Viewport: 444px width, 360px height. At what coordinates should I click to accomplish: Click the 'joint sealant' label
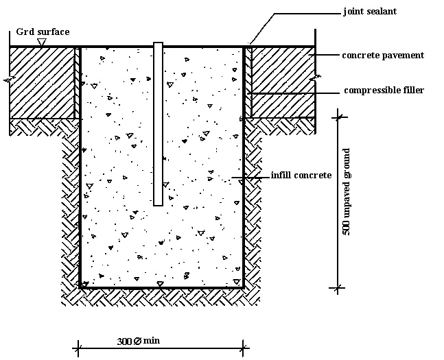click(370, 12)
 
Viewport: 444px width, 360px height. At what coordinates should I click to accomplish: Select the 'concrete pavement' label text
click(383, 55)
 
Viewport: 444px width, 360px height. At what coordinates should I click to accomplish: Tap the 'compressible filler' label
click(384, 91)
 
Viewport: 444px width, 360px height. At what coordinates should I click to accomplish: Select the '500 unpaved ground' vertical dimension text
click(347, 192)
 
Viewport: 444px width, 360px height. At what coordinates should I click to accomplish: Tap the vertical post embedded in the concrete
click(158, 123)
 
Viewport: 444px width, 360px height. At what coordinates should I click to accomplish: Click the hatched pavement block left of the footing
click(42, 82)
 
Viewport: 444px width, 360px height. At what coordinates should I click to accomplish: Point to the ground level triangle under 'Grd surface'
click(43, 43)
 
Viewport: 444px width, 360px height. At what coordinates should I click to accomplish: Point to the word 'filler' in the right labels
click(412, 91)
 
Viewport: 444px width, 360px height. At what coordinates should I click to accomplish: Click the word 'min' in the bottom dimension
click(152, 339)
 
